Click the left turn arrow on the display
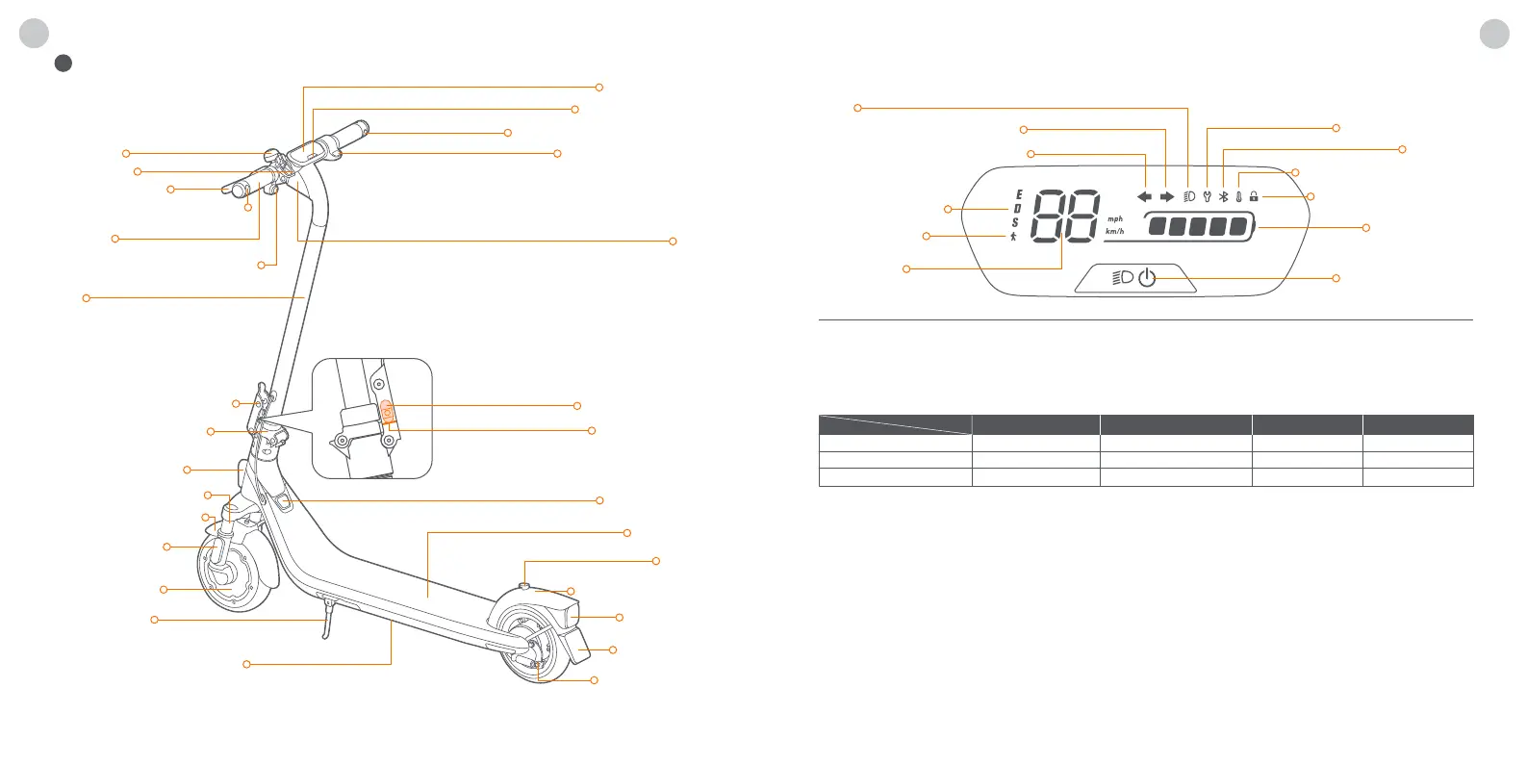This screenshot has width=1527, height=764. [x=1144, y=196]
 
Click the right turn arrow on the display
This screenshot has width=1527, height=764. [x=1166, y=196]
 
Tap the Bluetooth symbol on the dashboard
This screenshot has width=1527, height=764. [x=1223, y=196]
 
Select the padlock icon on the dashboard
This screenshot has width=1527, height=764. [x=1254, y=196]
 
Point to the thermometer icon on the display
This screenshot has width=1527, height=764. [x=1238, y=196]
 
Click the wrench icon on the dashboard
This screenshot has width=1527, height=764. [x=1207, y=196]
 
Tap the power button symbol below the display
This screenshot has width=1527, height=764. [x=1147, y=278]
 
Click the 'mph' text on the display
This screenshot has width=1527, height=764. [x=1115, y=219]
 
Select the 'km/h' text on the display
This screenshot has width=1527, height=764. [x=1115, y=232]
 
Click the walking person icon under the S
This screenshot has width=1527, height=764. [x=1013, y=236]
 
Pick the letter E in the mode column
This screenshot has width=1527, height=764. [x=1018, y=195]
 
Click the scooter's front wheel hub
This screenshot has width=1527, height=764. [x=229, y=577]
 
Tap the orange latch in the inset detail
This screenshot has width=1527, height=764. [x=386, y=413]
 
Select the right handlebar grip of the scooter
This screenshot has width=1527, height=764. [x=352, y=132]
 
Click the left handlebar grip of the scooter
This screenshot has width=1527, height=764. [x=240, y=191]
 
